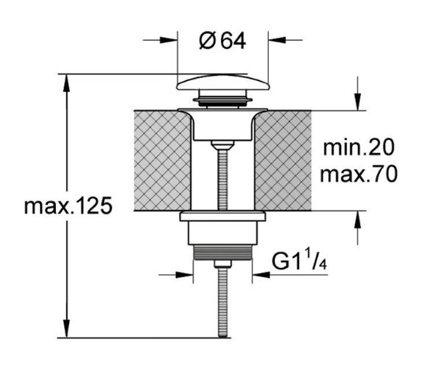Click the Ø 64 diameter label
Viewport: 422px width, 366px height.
coord(222,41)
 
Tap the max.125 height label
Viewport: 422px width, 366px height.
coord(68,206)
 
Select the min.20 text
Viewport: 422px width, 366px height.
coord(359,147)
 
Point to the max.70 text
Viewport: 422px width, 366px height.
coord(359,174)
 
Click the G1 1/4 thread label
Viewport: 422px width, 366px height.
coord(300,261)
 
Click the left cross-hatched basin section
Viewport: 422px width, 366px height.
coord(162,161)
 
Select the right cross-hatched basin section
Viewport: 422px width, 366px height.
coord(283,161)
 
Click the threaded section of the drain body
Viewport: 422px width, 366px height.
coord(223,253)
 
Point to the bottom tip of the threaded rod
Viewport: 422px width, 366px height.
coord(222,337)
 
